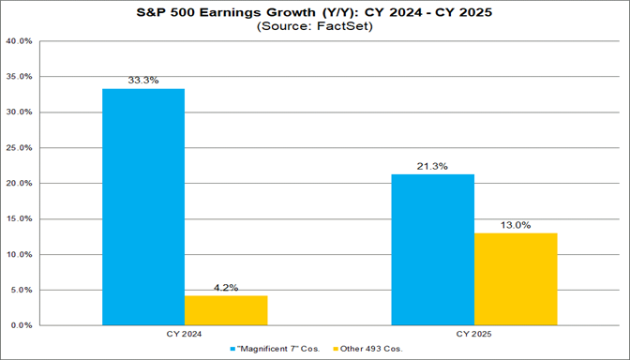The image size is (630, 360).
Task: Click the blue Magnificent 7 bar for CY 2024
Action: (143, 207)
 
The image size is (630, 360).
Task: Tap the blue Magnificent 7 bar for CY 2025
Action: (433, 249)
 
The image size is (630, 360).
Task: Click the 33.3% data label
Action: (143, 81)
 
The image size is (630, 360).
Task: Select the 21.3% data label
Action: (433, 166)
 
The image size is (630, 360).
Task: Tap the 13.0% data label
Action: (516, 225)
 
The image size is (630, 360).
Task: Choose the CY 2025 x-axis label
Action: (474, 333)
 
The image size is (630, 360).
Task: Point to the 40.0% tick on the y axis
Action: (21, 41)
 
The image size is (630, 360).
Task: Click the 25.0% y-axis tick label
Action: (21, 148)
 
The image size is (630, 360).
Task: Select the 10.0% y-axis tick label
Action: (21, 254)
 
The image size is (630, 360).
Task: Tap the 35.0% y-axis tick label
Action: (21, 77)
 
